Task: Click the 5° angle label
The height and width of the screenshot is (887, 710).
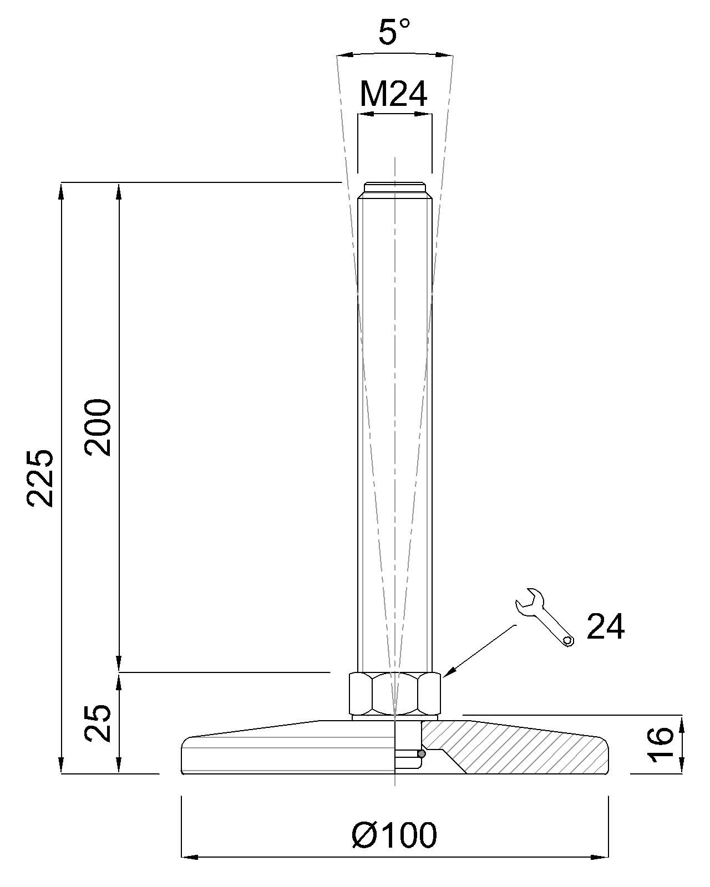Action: point(394,32)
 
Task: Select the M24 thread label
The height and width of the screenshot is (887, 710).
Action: point(393,94)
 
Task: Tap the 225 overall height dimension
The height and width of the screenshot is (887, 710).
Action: point(40,478)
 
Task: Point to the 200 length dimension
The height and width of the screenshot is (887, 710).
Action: point(98,427)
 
